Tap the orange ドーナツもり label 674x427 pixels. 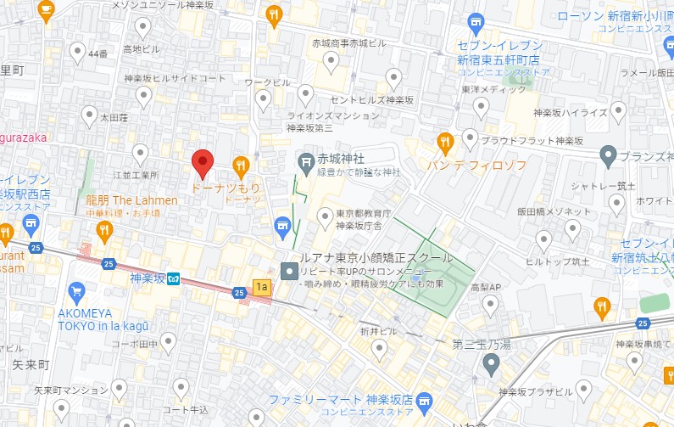pos(225,185)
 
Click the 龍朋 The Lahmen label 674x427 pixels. pos(131,200)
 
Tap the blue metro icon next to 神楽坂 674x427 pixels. pos(172,278)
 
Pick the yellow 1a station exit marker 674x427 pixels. pos(262,288)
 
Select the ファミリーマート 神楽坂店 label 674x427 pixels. pos(341,399)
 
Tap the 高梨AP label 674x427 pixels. pos(487,288)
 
